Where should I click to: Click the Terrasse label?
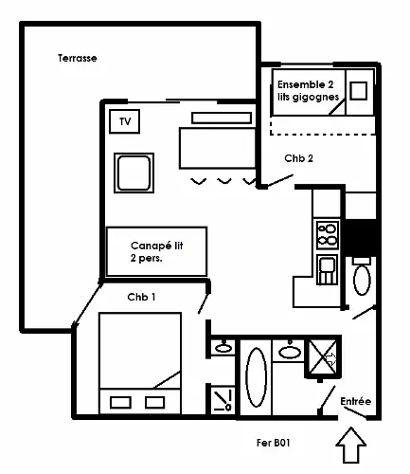pos(78,58)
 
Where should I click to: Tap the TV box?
pos(124,121)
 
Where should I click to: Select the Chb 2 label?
pos(298,158)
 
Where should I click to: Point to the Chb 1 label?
pos(141,297)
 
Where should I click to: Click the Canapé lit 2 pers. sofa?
pos(157,251)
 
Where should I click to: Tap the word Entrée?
pos(355,401)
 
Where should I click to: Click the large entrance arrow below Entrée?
pos(350,446)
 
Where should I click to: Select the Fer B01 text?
pos(274,443)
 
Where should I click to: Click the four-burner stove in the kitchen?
pos(328,235)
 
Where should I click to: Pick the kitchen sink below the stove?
pos(328,270)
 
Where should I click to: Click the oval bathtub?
pos(256,377)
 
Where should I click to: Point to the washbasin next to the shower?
pos(290,352)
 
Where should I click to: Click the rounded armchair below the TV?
pos(134,173)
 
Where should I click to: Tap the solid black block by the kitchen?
pos(360,238)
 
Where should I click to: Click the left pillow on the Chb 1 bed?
pos(120,403)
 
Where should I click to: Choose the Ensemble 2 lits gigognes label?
pos(309,91)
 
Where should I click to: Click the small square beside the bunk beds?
pos(359,91)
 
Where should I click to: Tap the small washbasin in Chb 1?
pos(223,348)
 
